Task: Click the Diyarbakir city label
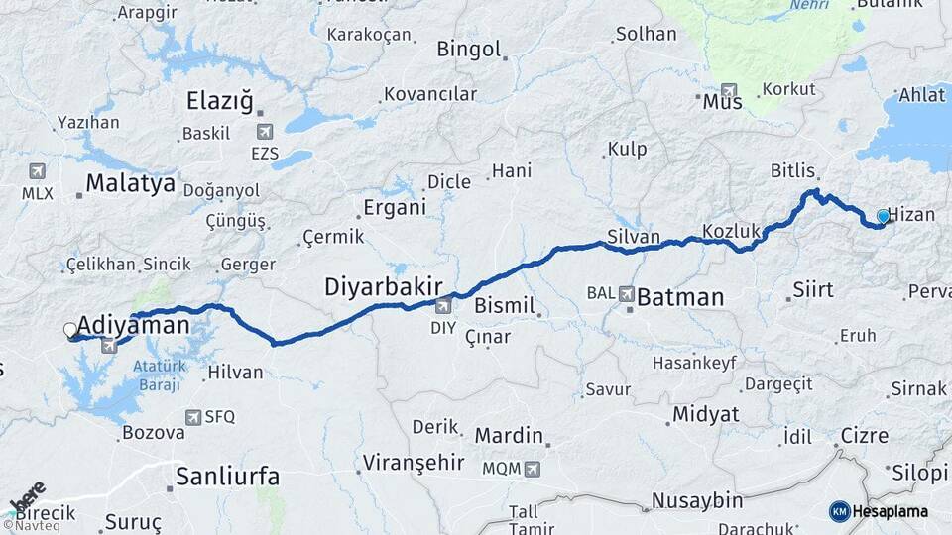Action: [x=383, y=287]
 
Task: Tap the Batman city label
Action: [x=680, y=296]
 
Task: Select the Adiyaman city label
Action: [x=133, y=324]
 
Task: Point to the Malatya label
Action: [x=130, y=183]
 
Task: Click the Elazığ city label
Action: [x=220, y=101]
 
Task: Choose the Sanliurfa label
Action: [x=223, y=477]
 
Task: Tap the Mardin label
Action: [x=509, y=436]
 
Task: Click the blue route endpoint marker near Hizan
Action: [x=883, y=216]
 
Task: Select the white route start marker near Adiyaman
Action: [x=70, y=330]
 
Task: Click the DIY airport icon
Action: [x=442, y=306]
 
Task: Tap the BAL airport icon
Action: [x=627, y=294]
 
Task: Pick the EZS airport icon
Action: [x=265, y=132]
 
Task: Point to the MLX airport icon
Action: [x=38, y=171]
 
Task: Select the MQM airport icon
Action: [x=533, y=468]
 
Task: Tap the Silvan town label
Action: [x=632, y=238]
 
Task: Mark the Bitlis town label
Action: [x=792, y=171]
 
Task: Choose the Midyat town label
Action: [x=705, y=415]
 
